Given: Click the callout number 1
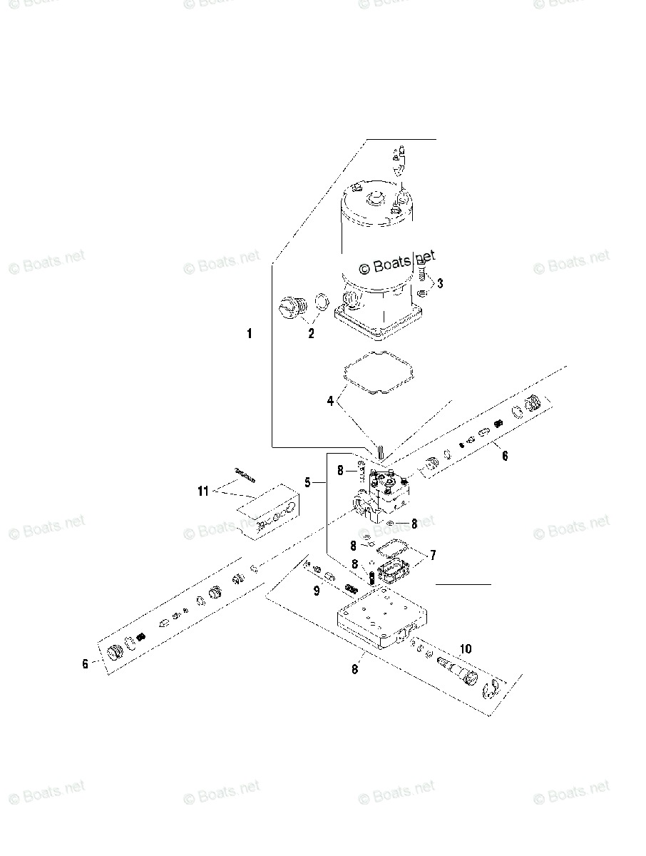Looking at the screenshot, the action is point(250,334).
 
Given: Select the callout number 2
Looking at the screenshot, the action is point(311,333).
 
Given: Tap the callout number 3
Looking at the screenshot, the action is point(440,283).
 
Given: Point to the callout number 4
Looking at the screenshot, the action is point(330,400).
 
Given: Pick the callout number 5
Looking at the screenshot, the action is point(307,483).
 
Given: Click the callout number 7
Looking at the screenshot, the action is point(433,555).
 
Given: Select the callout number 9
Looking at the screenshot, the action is point(317,591).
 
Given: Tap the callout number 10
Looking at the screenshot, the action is point(466,649).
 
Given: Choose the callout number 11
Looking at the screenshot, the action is point(203,491).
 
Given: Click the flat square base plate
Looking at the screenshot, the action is point(382,619).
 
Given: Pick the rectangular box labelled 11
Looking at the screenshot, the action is point(269,512).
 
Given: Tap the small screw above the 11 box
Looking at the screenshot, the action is point(245,475).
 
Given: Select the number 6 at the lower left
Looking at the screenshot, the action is point(86,663).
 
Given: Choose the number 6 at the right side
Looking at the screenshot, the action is point(505,456).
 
